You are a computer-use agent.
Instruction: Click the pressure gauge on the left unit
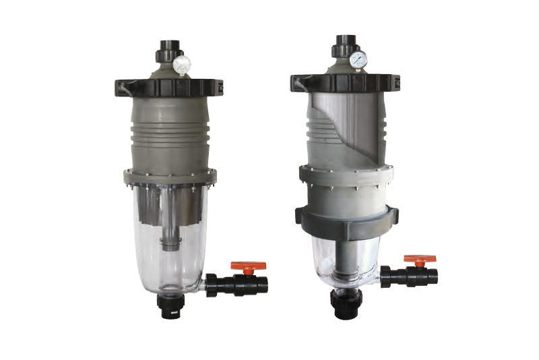coord(181,65)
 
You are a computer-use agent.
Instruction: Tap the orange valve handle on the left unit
coord(248,267)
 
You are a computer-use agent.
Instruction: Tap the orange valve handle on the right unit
coord(420,259)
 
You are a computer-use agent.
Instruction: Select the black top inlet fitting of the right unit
coord(342,44)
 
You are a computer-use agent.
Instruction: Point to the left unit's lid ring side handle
coord(121,86)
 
